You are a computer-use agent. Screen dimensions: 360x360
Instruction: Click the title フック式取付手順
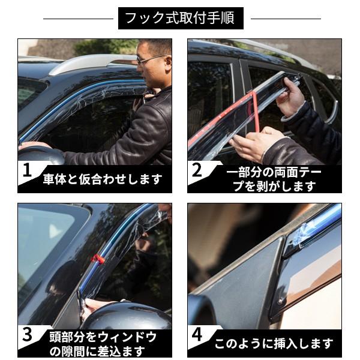tap(181, 18)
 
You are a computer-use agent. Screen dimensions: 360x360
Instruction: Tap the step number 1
tap(28, 170)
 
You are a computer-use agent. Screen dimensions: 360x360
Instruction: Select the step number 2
tap(197, 170)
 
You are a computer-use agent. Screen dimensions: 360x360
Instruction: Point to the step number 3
tap(28, 335)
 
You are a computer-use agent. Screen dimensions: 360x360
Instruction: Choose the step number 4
tap(197, 335)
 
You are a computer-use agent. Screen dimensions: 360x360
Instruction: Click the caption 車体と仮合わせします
tap(103, 179)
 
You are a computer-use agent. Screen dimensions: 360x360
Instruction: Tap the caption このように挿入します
tap(274, 343)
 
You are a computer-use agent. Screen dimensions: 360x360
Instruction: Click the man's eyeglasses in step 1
tap(149, 59)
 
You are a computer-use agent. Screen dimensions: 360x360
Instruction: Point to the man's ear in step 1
tap(168, 64)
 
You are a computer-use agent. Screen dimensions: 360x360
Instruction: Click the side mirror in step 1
tap(41, 155)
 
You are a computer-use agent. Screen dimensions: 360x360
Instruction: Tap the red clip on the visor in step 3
tap(98, 259)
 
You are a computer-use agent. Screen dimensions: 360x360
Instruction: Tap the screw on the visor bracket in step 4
tap(280, 301)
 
